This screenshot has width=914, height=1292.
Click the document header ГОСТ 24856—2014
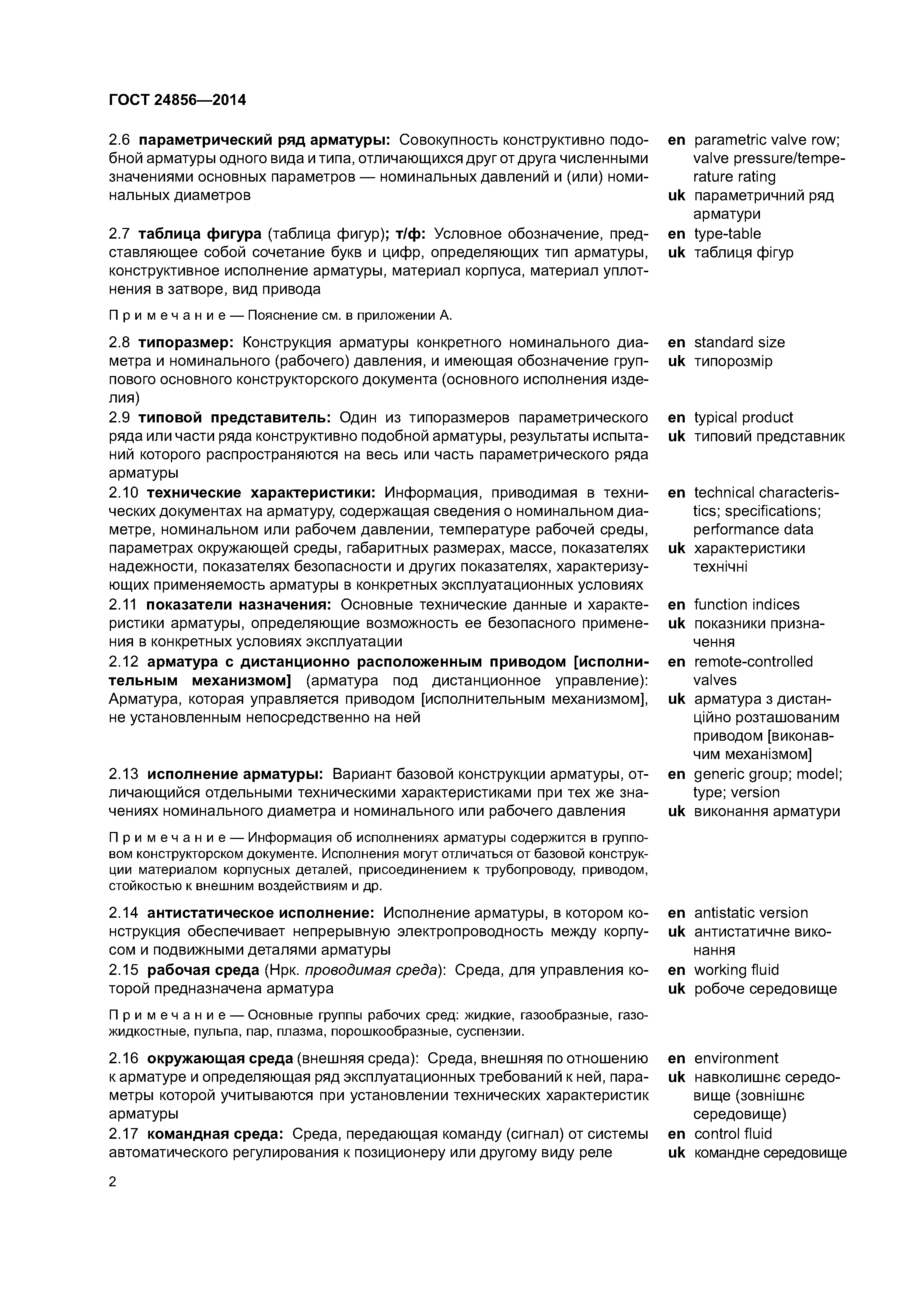click(x=177, y=100)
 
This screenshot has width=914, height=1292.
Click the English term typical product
click(x=743, y=418)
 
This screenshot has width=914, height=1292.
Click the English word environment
click(x=736, y=1058)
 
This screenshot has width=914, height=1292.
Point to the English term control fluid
click(x=733, y=1134)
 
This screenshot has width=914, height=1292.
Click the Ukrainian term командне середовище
click(x=770, y=1153)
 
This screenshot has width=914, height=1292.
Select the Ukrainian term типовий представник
click(x=769, y=437)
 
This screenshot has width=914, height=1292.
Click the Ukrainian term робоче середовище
click(x=765, y=989)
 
